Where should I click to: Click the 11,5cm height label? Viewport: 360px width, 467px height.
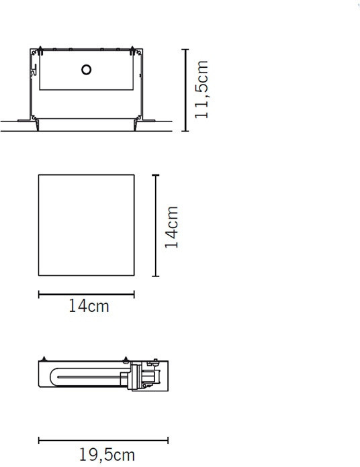tap(201, 89)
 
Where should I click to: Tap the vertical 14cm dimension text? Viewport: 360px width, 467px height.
tap(172, 226)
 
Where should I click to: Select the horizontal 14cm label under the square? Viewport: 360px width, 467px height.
tap(88, 307)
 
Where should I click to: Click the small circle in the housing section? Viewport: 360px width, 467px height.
tap(86, 68)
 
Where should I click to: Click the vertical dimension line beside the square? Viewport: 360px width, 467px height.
tap(156, 225)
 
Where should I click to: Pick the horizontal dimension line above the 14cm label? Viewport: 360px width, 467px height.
tap(86, 293)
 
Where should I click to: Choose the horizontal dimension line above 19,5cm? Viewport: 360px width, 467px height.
tap(103, 440)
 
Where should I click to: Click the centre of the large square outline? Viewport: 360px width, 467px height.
tap(86, 225)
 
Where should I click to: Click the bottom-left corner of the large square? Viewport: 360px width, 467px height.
tap(39, 275)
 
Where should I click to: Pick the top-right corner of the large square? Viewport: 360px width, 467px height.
tap(134, 176)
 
